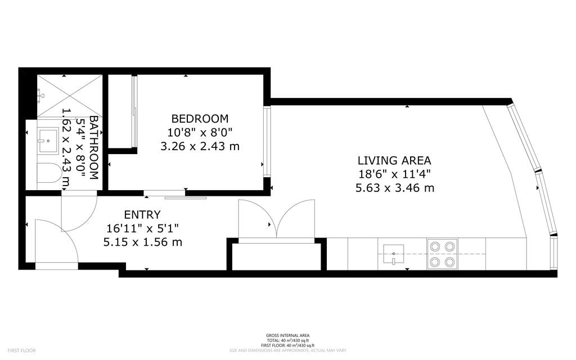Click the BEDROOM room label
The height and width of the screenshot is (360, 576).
200,119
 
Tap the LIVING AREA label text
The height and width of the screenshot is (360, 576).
394,160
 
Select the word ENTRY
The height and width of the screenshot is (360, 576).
142,214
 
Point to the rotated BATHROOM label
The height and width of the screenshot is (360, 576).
94,148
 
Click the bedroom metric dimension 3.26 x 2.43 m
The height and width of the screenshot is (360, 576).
200,146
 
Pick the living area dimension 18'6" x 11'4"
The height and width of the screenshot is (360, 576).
394,174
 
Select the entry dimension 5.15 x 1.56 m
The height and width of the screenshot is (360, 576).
142,242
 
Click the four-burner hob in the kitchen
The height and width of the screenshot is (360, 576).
442,254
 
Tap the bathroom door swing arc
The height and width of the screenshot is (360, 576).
79,211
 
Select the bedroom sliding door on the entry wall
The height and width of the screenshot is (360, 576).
174,195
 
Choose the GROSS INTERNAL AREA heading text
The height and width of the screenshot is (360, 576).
287,336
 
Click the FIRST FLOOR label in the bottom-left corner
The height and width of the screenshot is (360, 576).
22,350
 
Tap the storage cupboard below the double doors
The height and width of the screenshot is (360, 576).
276,256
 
